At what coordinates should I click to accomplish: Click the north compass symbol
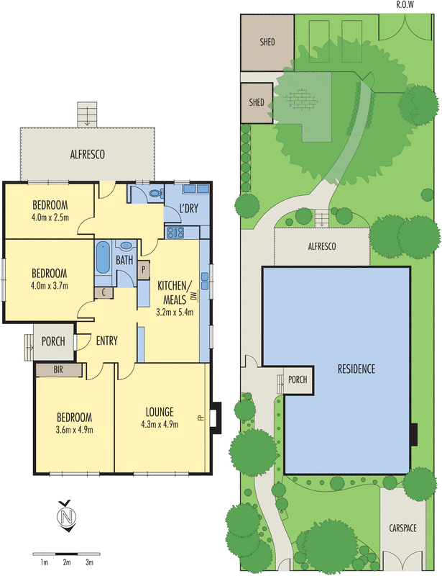67,516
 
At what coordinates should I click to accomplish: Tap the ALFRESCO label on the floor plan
88,154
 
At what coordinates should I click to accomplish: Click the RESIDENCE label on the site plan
356,369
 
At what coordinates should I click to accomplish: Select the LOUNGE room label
159,412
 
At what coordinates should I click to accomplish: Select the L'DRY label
188,209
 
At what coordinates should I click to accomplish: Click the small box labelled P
143,270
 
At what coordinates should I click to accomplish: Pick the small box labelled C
105,292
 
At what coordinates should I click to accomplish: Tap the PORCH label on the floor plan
54,341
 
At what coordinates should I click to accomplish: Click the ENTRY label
106,341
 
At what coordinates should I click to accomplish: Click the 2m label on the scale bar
66,562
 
